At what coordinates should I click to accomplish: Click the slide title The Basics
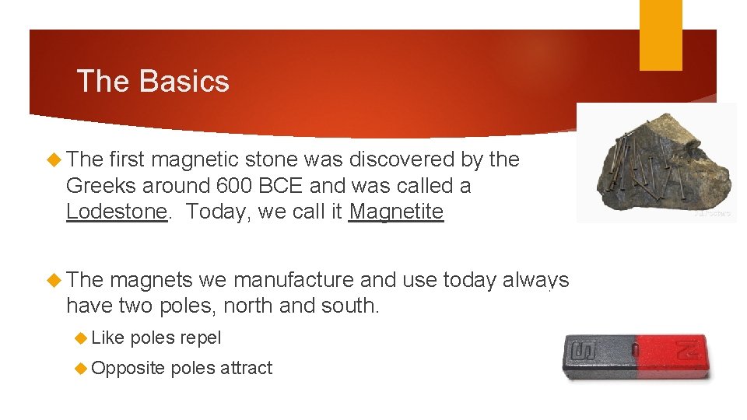coord(153,82)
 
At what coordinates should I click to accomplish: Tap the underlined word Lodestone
coord(117,212)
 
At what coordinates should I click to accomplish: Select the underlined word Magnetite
coord(396,212)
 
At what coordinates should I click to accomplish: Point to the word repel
coord(200,338)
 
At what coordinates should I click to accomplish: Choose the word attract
coord(246,368)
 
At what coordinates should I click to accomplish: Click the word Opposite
coord(128,368)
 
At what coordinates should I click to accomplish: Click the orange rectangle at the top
coord(661,35)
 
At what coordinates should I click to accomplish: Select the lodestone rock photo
coord(655,163)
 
